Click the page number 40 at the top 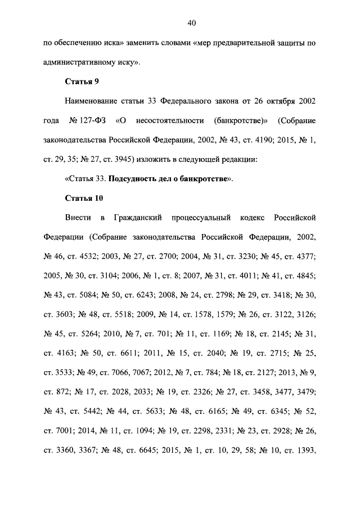pyautogui.click(x=192, y=23)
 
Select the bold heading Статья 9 pyautogui.click(x=82, y=82)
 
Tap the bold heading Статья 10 pyautogui.click(x=84, y=198)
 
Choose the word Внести pyautogui.click(x=78, y=218)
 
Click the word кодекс pyautogui.click(x=253, y=218)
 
